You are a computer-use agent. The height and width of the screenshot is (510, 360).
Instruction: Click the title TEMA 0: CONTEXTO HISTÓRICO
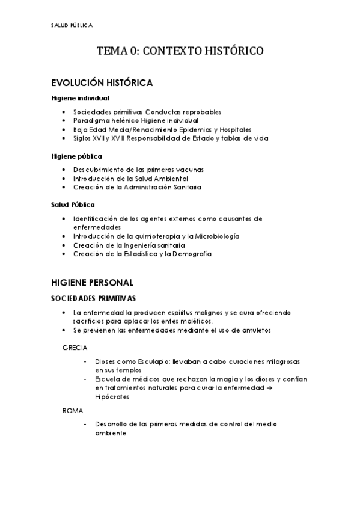(180, 52)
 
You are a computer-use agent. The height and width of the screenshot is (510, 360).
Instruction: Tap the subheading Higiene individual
(80, 98)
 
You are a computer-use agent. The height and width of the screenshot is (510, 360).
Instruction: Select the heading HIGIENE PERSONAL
(92, 282)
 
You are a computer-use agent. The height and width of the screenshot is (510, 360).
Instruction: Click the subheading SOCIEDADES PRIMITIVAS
(93, 298)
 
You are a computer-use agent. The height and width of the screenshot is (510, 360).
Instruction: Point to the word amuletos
(254, 330)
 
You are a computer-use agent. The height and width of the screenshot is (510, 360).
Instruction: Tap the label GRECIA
(75, 348)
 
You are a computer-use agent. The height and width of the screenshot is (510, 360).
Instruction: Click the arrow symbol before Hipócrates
(302, 389)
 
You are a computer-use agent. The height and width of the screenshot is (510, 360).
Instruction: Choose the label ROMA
(73, 410)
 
